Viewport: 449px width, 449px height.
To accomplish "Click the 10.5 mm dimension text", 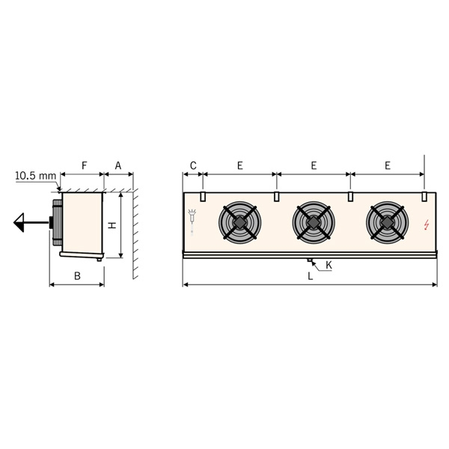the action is (35, 176).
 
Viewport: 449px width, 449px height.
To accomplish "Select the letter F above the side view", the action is (84, 165).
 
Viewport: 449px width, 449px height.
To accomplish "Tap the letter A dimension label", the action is (118, 165).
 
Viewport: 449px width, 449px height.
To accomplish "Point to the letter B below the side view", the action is (77, 275).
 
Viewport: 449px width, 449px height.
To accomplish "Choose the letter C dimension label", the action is (193, 165).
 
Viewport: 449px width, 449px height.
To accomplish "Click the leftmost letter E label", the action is (240, 165).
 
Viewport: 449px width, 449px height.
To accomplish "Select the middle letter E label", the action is (314, 165).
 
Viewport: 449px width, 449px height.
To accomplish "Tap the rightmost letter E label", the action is (388, 165).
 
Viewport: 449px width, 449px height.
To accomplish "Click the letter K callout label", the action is (329, 266).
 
